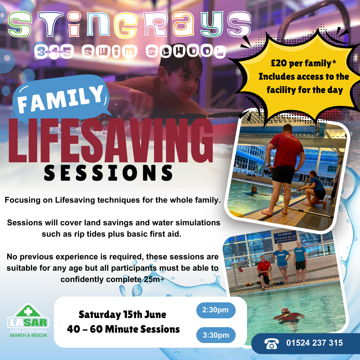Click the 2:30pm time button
[x=216, y=310]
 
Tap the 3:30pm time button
[x=216, y=335]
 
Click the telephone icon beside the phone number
[x=272, y=343]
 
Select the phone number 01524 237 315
[x=315, y=343]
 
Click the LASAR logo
[x=28, y=321]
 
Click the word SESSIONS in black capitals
[x=108, y=173]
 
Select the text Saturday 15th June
[x=122, y=315]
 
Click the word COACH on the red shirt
[x=291, y=138]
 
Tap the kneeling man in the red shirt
[x=264, y=272]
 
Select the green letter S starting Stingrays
[x=20, y=24]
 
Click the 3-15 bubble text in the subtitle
[x=54, y=51]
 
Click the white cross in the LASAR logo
[x=28, y=311]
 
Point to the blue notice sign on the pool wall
[x=285, y=237]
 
